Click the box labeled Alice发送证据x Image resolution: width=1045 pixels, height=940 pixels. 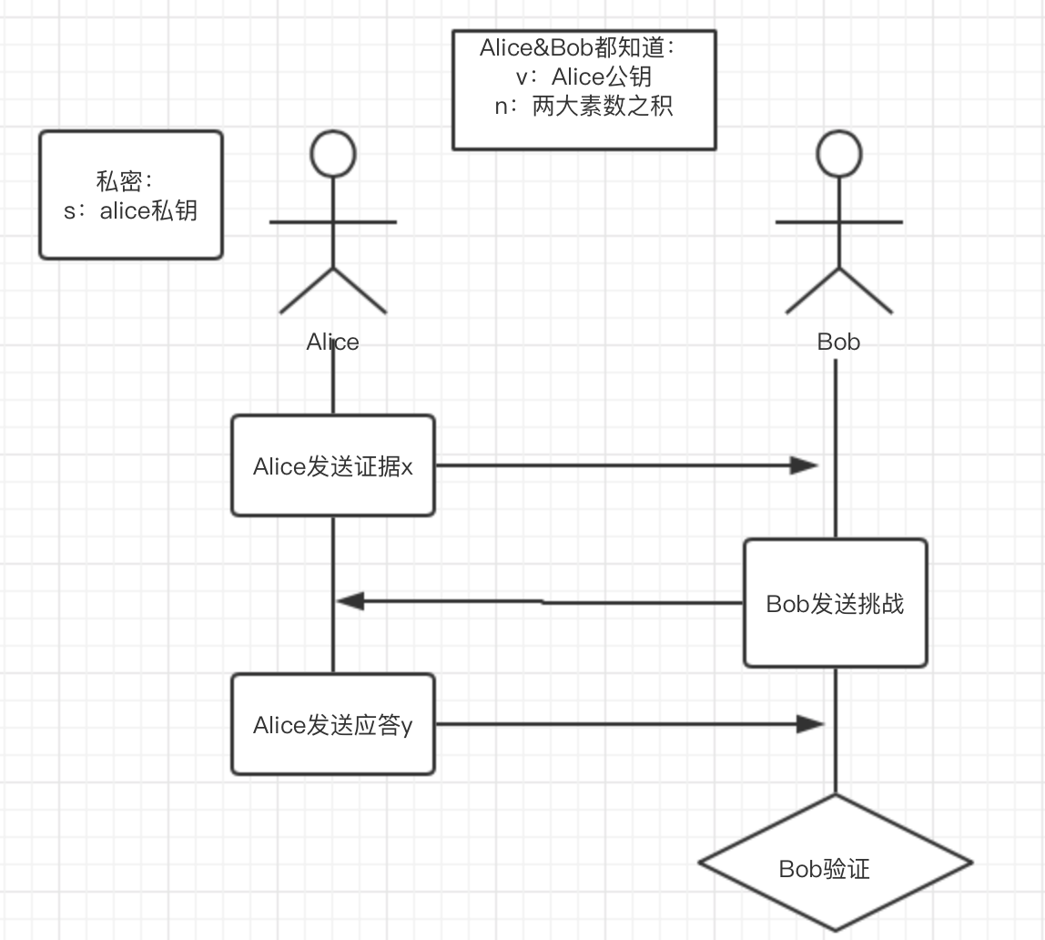332,465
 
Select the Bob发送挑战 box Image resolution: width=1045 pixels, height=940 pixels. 835,603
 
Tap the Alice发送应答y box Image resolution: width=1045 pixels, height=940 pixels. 332,724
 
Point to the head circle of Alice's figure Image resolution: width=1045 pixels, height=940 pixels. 332,153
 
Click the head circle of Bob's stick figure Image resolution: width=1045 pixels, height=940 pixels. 838,153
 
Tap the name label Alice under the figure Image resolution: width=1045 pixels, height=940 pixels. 332,342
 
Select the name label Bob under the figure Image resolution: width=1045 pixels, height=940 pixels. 838,342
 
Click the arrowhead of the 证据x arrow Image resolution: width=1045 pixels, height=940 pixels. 805,465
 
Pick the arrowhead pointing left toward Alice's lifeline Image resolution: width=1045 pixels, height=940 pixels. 350,601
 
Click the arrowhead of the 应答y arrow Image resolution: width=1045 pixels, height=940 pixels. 809,724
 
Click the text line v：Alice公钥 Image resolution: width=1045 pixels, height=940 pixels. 583,77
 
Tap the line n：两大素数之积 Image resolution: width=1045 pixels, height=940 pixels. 583,107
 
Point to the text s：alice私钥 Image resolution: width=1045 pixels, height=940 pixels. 130,211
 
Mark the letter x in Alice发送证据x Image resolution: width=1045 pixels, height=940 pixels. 407,467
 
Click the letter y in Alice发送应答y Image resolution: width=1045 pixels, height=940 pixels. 407,727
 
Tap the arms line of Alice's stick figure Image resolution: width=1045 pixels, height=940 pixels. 332,221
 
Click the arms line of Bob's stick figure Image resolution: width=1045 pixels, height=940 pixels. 838,221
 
